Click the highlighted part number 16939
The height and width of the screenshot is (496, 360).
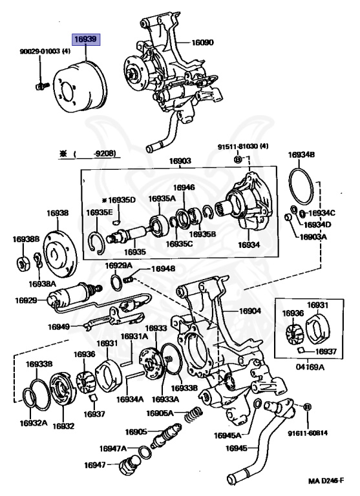tap(85, 39)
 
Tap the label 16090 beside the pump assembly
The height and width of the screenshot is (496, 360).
tap(203, 42)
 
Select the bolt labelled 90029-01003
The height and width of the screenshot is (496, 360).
tap(42, 85)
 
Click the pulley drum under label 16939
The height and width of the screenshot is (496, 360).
tap(81, 87)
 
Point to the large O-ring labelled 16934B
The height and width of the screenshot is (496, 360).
tap(301, 187)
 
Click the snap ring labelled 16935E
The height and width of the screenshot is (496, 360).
tap(96, 243)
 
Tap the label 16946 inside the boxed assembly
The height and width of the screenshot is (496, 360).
tap(184, 187)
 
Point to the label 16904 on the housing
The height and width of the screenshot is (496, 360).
tap(250, 311)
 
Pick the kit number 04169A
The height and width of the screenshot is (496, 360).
tap(310, 367)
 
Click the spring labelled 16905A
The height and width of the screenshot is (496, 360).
tap(194, 413)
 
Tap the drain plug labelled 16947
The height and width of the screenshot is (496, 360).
tap(127, 465)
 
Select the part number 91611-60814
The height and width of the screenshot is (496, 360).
tap(308, 433)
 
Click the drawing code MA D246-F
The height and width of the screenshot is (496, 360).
tap(326, 480)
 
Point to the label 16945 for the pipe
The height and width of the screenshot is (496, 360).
tap(237, 448)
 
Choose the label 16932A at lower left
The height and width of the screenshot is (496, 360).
tap(34, 423)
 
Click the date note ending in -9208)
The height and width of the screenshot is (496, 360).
tap(88, 154)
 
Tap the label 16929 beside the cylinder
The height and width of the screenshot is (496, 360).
tap(26, 300)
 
